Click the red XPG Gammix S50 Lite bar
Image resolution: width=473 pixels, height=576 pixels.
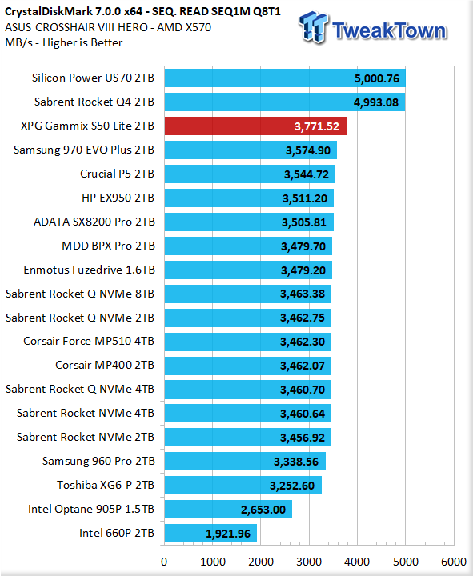pos(255,126)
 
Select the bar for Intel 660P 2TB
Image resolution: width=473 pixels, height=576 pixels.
pos(210,534)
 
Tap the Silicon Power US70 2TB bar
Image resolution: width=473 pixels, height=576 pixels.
pos(285,78)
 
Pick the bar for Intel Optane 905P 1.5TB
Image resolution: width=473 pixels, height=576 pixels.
pos(228,509)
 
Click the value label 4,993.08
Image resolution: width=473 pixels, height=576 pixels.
pos(376,102)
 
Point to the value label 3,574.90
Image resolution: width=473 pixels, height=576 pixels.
pos(308,150)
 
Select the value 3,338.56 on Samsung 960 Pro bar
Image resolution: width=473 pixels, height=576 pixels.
pos(296,462)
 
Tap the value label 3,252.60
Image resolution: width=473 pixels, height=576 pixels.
pos(292,486)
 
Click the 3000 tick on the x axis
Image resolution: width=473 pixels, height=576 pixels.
pos(309,562)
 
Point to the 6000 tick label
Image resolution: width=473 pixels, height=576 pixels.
pos(454,562)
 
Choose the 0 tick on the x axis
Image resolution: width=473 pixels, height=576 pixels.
pos(164,562)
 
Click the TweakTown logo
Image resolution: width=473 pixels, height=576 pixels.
pos(373,28)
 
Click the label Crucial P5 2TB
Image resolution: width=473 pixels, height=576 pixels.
pos(117,174)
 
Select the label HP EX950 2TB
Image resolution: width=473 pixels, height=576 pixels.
pos(118,198)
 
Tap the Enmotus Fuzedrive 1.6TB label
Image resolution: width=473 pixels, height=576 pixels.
pos(90,270)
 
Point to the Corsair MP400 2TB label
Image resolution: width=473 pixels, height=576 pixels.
pos(105,365)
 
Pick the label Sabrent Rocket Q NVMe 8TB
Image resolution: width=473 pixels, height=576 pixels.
pos(80,294)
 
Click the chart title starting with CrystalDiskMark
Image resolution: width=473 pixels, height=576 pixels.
pos(142,12)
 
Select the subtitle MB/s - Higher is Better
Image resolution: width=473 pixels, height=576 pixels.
pos(63,42)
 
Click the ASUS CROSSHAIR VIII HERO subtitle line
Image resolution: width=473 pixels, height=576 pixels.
pos(108,27)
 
